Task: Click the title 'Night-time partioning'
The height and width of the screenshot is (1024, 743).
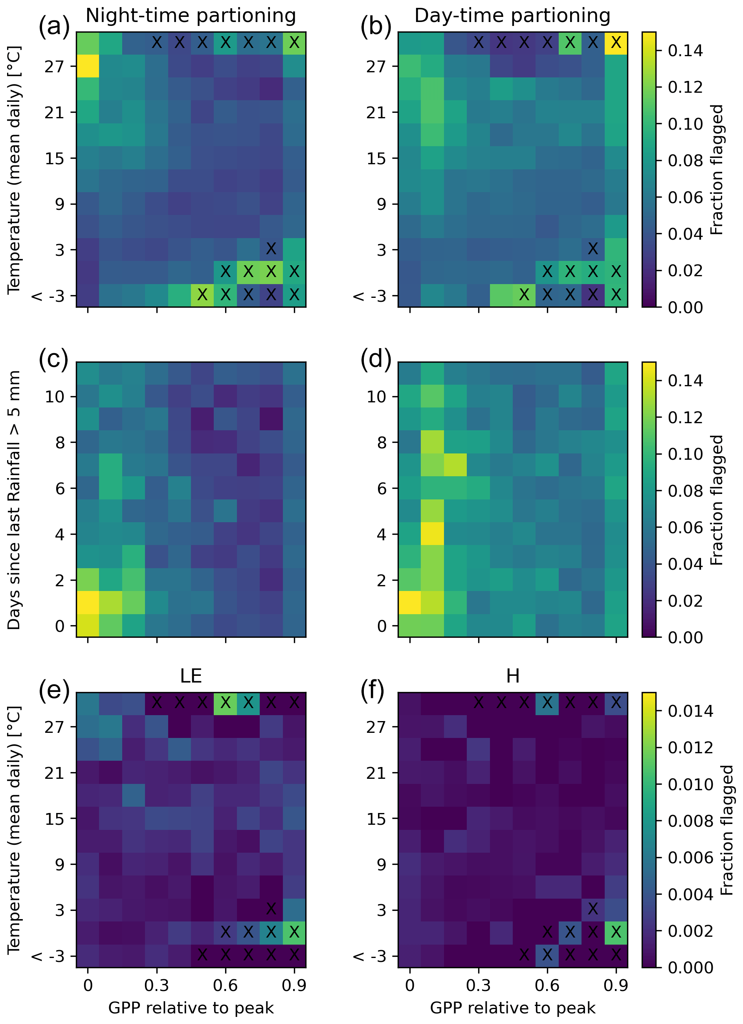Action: [191, 16]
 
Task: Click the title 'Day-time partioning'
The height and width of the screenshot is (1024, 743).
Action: [512, 16]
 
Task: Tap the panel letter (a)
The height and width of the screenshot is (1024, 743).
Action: [54, 27]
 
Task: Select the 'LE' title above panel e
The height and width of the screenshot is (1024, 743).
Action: [191, 676]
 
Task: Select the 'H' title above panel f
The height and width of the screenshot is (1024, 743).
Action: [512, 676]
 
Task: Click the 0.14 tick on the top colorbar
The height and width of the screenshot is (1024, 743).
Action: [685, 50]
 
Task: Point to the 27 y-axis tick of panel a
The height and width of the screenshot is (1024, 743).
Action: [54, 66]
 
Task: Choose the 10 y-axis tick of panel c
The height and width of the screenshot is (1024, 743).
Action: [54, 396]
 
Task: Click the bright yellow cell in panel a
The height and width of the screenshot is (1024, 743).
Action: [88, 66]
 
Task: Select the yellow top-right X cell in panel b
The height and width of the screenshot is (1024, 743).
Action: [616, 43]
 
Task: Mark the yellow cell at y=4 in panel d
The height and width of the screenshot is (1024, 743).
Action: [433, 534]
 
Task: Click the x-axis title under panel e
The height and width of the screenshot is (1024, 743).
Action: [191, 1008]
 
